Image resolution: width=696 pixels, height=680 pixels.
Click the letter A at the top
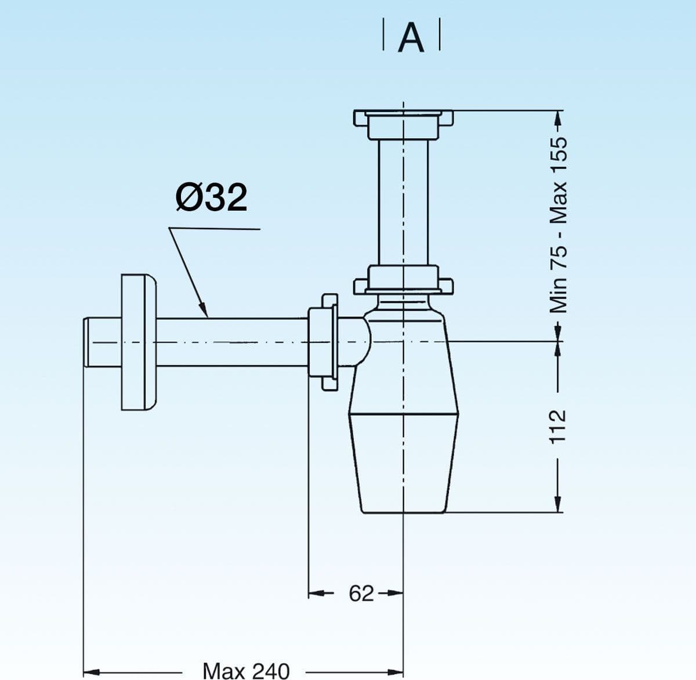[x=411, y=38]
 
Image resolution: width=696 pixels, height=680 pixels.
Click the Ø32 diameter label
[x=211, y=197]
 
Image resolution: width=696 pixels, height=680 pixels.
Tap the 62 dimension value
[x=361, y=594]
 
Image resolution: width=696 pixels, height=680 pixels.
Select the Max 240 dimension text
[x=246, y=671]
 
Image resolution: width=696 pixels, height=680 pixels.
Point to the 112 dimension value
[x=557, y=427]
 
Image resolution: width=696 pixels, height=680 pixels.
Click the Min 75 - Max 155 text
[x=558, y=225]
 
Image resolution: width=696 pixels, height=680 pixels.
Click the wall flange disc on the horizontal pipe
[x=139, y=342]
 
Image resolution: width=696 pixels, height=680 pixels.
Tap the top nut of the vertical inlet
[x=404, y=124]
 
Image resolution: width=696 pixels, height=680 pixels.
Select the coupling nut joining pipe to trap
[x=323, y=342]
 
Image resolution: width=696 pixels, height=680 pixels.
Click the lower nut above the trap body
[x=404, y=280]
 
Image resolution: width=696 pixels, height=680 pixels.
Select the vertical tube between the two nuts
[x=404, y=202]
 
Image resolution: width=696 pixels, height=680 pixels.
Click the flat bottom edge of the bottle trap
[x=404, y=512]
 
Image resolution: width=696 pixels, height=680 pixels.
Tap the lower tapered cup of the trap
[x=404, y=463]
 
